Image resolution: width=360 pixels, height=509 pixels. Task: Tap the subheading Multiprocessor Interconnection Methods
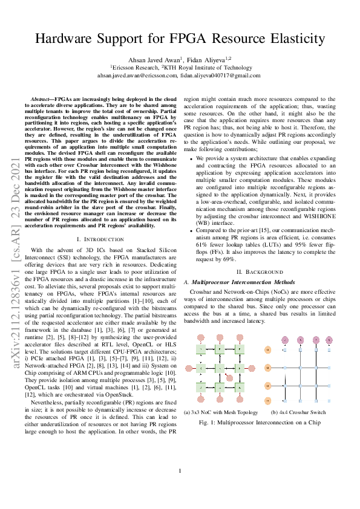coord(244,282)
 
